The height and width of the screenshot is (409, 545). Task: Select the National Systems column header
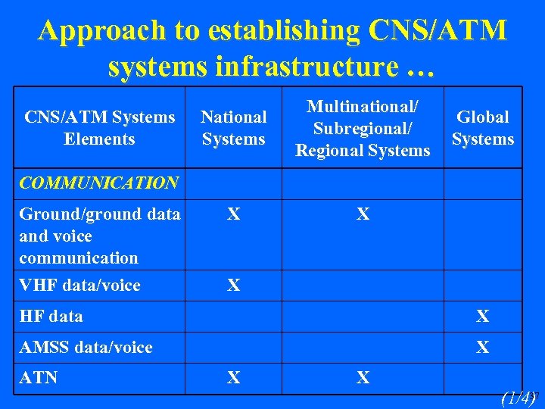coord(234,128)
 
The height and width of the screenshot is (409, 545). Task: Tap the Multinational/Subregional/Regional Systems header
coord(363,128)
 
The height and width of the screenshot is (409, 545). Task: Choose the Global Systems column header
coord(482,128)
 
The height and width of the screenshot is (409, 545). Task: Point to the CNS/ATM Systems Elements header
coord(99,128)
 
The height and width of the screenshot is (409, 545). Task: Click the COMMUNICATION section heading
coord(98,183)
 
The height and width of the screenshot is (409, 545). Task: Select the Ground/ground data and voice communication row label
coord(99,236)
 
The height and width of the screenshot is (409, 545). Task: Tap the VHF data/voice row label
coord(79,286)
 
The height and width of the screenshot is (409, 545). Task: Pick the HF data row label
coord(51,317)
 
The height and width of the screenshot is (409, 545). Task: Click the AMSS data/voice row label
coord(86,348)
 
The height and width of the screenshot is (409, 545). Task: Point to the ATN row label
coord(39,377)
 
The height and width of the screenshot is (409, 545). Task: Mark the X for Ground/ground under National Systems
coord(234,215)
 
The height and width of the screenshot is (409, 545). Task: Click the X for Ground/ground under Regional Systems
coord(363,215)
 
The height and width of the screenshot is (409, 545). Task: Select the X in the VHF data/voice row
coord(234,286)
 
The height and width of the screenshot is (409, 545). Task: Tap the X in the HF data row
coord(482,317)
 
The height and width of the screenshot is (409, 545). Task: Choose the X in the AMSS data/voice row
coord(482,348)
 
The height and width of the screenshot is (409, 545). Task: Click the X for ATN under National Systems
coord(234,377)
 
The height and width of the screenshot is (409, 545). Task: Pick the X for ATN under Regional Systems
coord(363,377)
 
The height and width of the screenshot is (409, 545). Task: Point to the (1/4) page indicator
coord(518,398)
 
